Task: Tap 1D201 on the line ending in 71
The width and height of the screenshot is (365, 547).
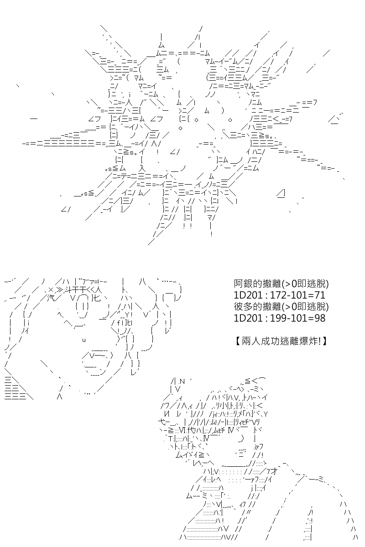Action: tap(248, 295)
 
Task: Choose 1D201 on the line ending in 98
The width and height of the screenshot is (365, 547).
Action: tap(248, 318)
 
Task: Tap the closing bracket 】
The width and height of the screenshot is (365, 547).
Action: tap(324, 341)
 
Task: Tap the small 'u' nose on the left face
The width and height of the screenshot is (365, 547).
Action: tap(84, 340)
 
